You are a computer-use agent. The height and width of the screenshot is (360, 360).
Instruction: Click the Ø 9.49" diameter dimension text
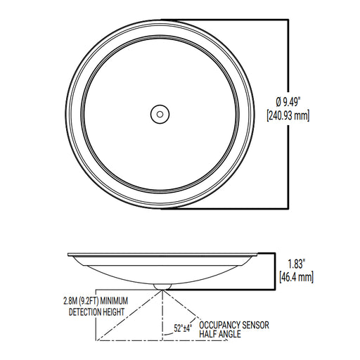(x=288, y=102)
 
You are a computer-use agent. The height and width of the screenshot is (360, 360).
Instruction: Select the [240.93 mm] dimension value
(x=288, y=115)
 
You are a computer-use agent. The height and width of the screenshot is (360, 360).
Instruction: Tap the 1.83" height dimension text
(x=296, y=264)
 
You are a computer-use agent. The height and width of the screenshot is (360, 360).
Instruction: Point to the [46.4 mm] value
(x=296, y=277)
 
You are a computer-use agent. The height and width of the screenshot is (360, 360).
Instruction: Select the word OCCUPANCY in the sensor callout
(x=219, y=325)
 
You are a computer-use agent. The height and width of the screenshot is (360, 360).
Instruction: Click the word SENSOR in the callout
(x=255, y=325)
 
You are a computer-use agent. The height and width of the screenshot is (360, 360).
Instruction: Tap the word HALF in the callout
(x=208, y=334)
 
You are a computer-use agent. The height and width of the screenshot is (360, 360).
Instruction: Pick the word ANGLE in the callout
(x=229, y=334)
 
